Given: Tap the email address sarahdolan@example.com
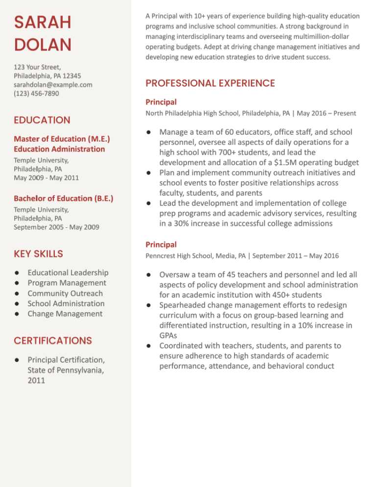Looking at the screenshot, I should (53, 84).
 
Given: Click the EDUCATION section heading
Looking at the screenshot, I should (42, 120).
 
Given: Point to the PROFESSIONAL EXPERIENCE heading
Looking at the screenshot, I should (210, 83).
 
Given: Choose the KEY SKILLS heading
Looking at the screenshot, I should (39, 254).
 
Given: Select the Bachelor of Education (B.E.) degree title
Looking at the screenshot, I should (64, 198).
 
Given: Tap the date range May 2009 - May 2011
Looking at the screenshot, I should (47, 177).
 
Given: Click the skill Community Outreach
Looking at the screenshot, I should (65, 293).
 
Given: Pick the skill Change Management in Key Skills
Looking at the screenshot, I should (65, 314).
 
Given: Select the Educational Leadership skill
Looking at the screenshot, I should (68, 272).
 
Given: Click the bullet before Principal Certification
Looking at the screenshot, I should (17, 360).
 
